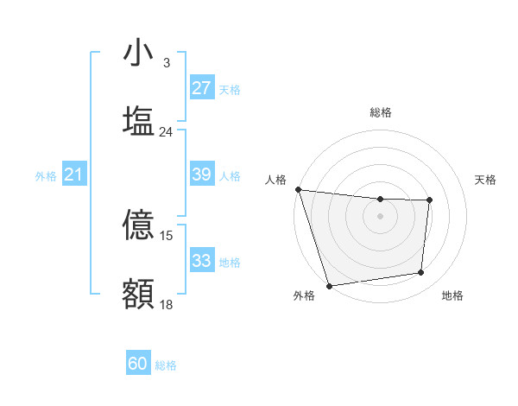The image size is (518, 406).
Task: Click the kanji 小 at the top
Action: pyautogui.click(x=138, y=54)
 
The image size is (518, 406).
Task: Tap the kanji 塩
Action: pyautogui.click(x=138, y=120)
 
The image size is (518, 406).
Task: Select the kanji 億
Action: pyautogui.click(x=138, y=225)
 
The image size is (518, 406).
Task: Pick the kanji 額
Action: pyautogui.click(x=138, y=293)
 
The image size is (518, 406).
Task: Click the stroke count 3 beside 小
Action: pyautogui.click(x=166, y=63)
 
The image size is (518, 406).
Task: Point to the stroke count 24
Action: pyautogui.click(x=166, y=131)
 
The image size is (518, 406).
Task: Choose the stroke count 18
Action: pyautogui.click(x=166, y=304)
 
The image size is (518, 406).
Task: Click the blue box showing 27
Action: pyautogui.click(x=201, y=88)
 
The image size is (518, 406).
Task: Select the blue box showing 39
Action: pyautogui.click(x=201, y=174)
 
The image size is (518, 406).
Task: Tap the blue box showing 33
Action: pyautogui.click(x=201, y=261)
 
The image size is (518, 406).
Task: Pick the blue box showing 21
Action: pyautogui.click(x=73, y=175)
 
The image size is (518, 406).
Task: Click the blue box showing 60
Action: pyautogui.click(x=138, y=365)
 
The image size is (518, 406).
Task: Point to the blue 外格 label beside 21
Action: pyautogui.click(x=46, y=176)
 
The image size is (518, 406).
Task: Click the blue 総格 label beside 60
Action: pyautogui.click(x=166, y=365)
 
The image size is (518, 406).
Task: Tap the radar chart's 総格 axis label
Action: pyautogui.click(x=380, y=112)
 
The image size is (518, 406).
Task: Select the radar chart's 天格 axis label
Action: pyautogui.click(x=486, y=180)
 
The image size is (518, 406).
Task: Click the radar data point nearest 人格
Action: pyautogui.click(x=298, y=189)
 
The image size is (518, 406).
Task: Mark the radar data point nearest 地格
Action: pyautogui.click(x=421, y=273)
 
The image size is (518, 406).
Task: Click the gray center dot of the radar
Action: pyautogui.click(x=380, y=216)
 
